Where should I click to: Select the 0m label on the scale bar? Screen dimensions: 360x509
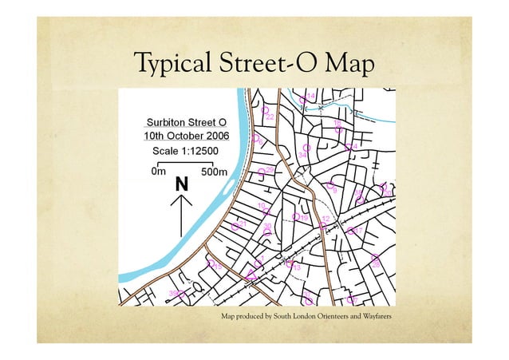158,171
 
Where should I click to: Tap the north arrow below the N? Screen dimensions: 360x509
183,212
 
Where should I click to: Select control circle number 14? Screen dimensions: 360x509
303,99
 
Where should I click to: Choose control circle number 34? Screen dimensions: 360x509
307,147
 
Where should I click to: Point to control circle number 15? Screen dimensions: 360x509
296,216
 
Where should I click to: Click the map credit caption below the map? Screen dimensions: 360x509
306,318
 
